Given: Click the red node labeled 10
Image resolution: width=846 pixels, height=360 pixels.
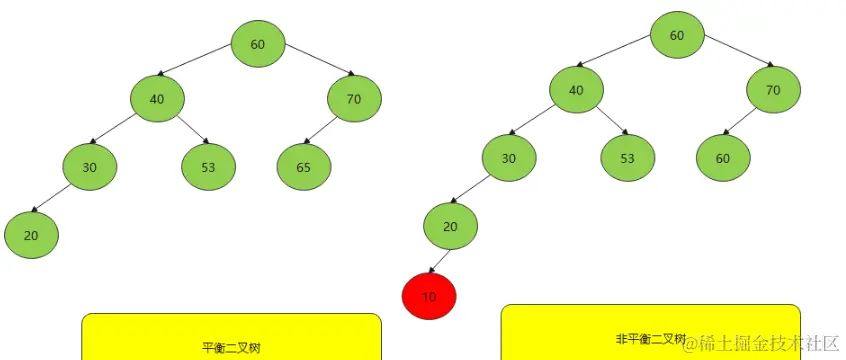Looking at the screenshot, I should click(x=429, y=297).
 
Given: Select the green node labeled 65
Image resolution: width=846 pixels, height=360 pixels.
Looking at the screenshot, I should click(x=304, y=167).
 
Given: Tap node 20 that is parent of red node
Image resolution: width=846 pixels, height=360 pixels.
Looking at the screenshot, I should click(x=450, y=226).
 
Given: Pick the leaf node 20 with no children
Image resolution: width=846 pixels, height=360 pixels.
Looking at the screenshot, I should click(x=31, y=235).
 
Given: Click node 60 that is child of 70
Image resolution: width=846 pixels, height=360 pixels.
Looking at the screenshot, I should click(x=723, y=158).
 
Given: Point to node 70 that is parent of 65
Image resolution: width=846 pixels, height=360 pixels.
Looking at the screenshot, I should click(x=354, y=98).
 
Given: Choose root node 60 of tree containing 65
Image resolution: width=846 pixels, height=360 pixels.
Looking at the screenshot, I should click(x=258, y=44).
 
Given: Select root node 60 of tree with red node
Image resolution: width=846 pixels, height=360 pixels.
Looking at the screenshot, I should click(x=677, y=35).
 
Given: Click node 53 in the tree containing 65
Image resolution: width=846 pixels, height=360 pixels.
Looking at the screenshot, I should click(x=208, y=167).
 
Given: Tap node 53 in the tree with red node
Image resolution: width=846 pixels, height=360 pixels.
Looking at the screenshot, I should click(x=627, y=158).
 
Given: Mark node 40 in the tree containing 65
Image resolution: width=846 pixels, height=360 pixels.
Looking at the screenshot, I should click(x=157, y=98).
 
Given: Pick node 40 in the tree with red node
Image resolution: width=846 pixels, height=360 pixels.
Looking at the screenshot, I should click(x=576, y=90).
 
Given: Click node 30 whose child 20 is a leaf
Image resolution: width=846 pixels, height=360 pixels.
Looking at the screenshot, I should click(x=90, y=167).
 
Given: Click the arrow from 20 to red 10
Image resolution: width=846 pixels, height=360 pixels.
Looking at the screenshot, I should click(x=438, y=261).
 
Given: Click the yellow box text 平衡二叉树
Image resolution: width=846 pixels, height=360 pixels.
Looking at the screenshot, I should click(x=231, y=348).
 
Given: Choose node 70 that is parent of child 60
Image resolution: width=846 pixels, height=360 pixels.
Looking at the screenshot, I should click(x=773, y=90).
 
